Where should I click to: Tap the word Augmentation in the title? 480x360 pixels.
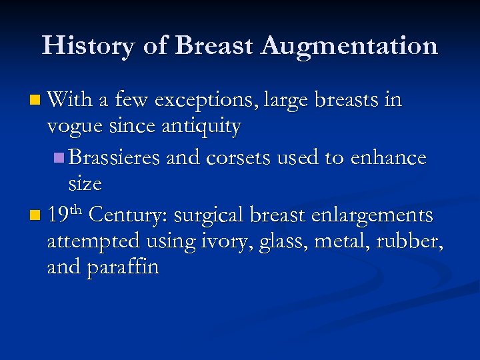[350, 47]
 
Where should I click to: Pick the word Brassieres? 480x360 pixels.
[113, 157]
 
